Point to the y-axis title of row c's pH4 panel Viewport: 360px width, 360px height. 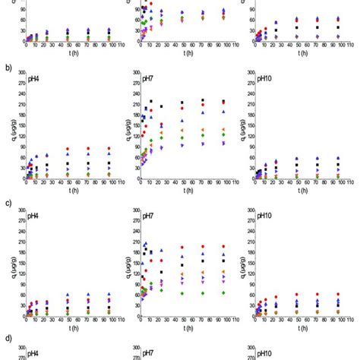point(9,263)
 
